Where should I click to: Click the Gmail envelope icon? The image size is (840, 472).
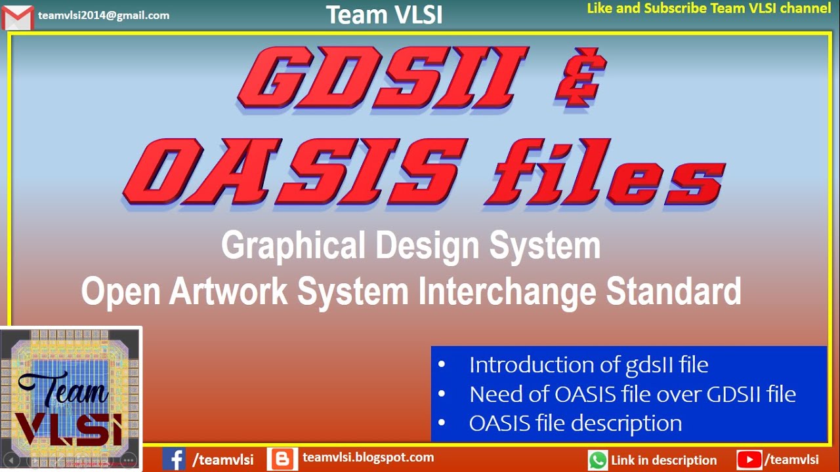point(18,17)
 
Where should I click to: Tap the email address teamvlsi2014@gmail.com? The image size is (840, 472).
point(104,15)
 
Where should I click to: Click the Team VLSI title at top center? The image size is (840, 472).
point(384,14)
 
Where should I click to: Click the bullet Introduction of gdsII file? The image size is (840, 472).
point(588,364)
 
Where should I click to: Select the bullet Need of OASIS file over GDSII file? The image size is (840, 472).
point(632,394)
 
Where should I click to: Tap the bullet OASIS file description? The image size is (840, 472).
point(575,423)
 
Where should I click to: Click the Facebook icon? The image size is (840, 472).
point(174,459)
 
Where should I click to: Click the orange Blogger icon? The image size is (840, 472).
point(282,459)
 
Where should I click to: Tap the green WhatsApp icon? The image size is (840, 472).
point(598,460)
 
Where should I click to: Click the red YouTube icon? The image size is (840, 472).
point(749,460)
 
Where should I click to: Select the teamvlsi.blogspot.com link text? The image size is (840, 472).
point(368,458)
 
